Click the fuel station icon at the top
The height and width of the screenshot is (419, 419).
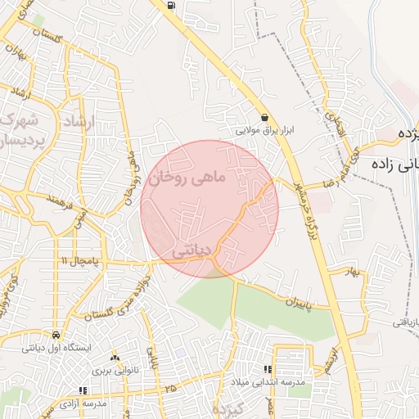[x=171, y=5]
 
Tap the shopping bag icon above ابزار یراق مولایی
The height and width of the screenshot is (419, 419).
[x=264, y=117]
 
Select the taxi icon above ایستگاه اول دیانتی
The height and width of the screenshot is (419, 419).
[x=55, y=335]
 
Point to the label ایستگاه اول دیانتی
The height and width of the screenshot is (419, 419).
[x=55, y=348]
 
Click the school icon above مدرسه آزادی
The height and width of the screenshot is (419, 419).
[x=81, y=391]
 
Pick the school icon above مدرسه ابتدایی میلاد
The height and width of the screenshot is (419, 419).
[x=268, y=370]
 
